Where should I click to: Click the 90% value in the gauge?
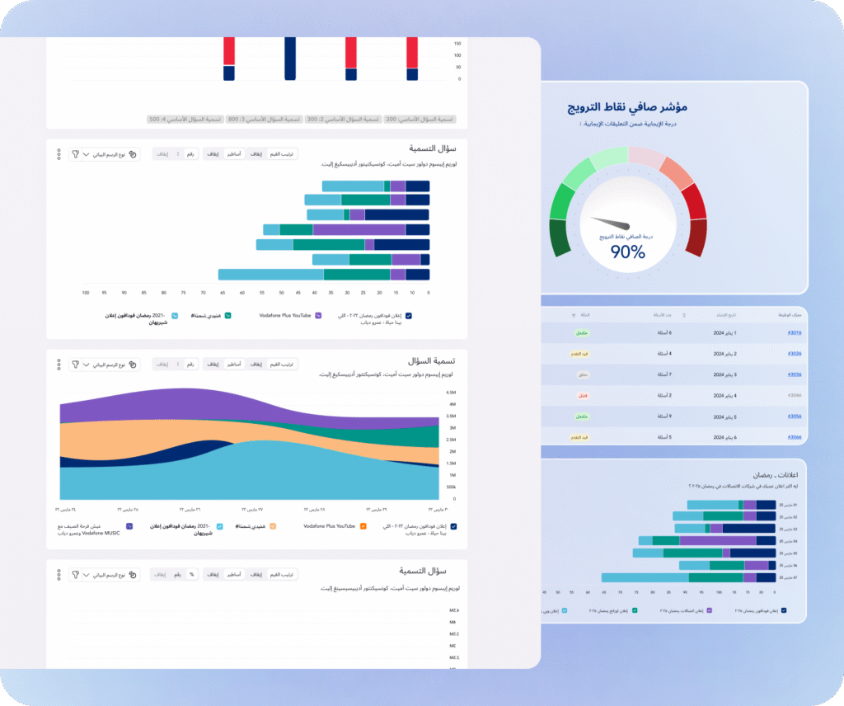627,252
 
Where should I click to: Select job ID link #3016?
794,332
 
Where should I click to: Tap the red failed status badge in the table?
582,395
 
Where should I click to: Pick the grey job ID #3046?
794,395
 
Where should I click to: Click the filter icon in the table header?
574,315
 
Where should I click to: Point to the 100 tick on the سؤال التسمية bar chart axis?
86,293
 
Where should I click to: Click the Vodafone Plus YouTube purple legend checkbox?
318,315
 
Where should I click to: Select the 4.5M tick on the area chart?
451,393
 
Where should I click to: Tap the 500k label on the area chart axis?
451,487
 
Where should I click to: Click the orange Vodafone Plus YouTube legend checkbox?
363,525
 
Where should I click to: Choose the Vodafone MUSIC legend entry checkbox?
129,525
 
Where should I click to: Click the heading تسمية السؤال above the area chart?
432,361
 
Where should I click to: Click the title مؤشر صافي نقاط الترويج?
628,108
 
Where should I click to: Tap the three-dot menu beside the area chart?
59,364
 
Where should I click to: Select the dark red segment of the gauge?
696,238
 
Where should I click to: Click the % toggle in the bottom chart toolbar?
191,573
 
